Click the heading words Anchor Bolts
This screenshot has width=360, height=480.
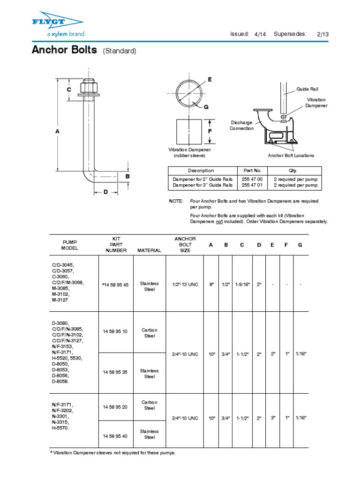[x=64, y=50]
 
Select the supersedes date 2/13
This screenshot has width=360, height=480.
[x=323, y=34]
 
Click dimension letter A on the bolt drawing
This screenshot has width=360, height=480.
[x=58, y=132]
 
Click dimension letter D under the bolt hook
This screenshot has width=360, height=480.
[x=106, y=192]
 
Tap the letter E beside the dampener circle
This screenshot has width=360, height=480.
[x=210, y=80]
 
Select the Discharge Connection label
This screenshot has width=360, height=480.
[x=241, y=125]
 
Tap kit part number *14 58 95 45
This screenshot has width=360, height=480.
[x=115, y=285]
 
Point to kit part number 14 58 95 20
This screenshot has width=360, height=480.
[x=115, y=407]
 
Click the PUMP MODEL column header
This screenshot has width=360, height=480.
[x=69, y=245]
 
